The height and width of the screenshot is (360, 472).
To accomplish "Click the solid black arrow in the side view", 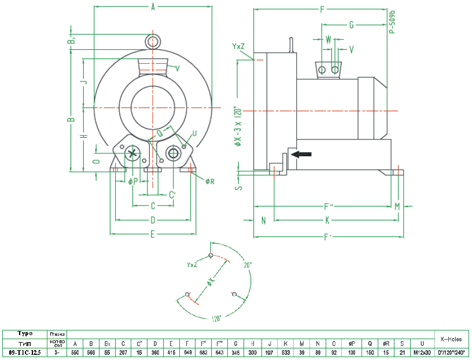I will (302, 154).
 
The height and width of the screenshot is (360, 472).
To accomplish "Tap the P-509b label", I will (392, 21).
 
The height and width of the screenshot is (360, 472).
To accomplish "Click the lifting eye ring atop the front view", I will (153, 41).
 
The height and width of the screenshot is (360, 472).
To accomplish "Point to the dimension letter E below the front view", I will (153, 234).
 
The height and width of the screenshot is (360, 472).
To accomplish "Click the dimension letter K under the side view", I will (327, 220).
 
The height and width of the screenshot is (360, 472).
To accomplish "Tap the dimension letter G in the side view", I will (351, 24).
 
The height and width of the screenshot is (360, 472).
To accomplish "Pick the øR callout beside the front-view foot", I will (210, 181).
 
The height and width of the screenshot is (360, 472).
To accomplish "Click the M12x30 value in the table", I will (422, 352).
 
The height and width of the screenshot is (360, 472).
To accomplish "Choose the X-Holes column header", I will (451, 339).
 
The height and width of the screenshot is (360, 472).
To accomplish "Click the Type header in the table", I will (25, 333).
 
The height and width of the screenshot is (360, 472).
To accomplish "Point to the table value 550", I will (75, 352).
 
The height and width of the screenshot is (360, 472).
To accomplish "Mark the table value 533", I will (286, 352).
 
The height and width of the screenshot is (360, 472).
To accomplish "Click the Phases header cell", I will (57, 334).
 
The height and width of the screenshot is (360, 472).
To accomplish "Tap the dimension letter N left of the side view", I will (263, 220).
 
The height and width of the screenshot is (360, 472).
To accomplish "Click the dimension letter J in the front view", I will (83, 82).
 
